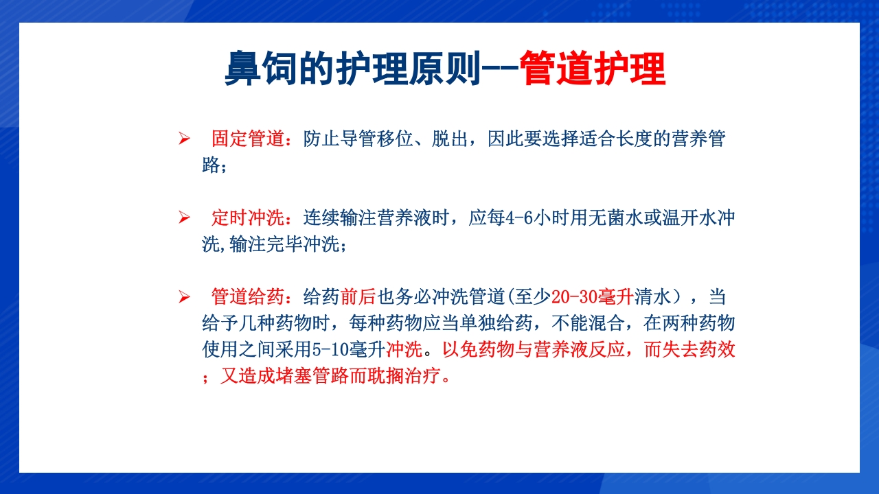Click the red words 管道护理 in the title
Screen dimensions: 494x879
pyautogui.click(x=593, y=69)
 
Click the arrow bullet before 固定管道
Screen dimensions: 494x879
pyautogui.click(x=184, y=139)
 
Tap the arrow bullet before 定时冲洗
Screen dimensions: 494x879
pyautogui.click(x=184, y=218)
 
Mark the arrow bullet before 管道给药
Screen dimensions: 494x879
pyautogui.click(x=184, y=297)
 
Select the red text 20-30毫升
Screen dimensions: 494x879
pyautogui.click(x=591, y=297)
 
